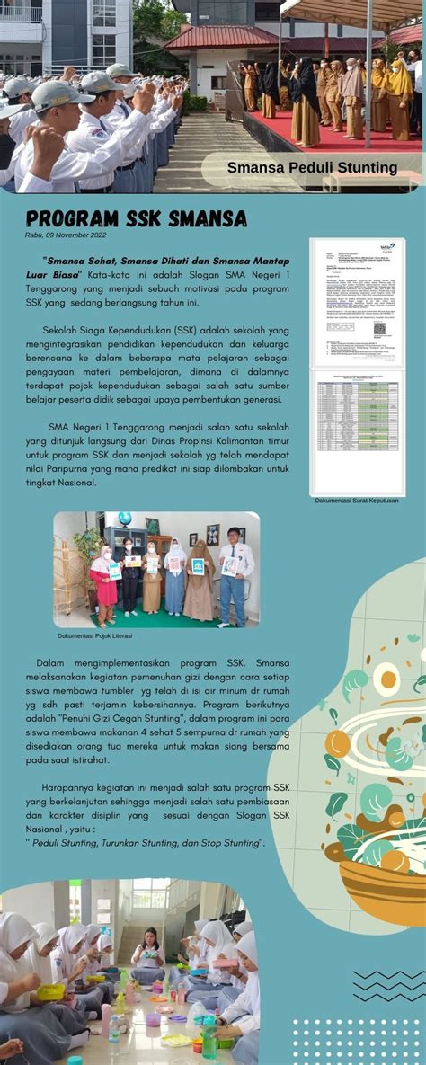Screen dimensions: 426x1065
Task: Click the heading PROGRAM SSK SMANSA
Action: point(136,219)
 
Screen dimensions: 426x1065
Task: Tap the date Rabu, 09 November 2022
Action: point(66,235)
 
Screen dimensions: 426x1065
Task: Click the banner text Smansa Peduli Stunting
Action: point(312,167)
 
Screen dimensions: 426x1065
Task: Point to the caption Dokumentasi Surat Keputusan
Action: point(357,501)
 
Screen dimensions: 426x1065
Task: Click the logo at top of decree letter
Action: point(386,246)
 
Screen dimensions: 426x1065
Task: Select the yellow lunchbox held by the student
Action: point(50,991)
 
